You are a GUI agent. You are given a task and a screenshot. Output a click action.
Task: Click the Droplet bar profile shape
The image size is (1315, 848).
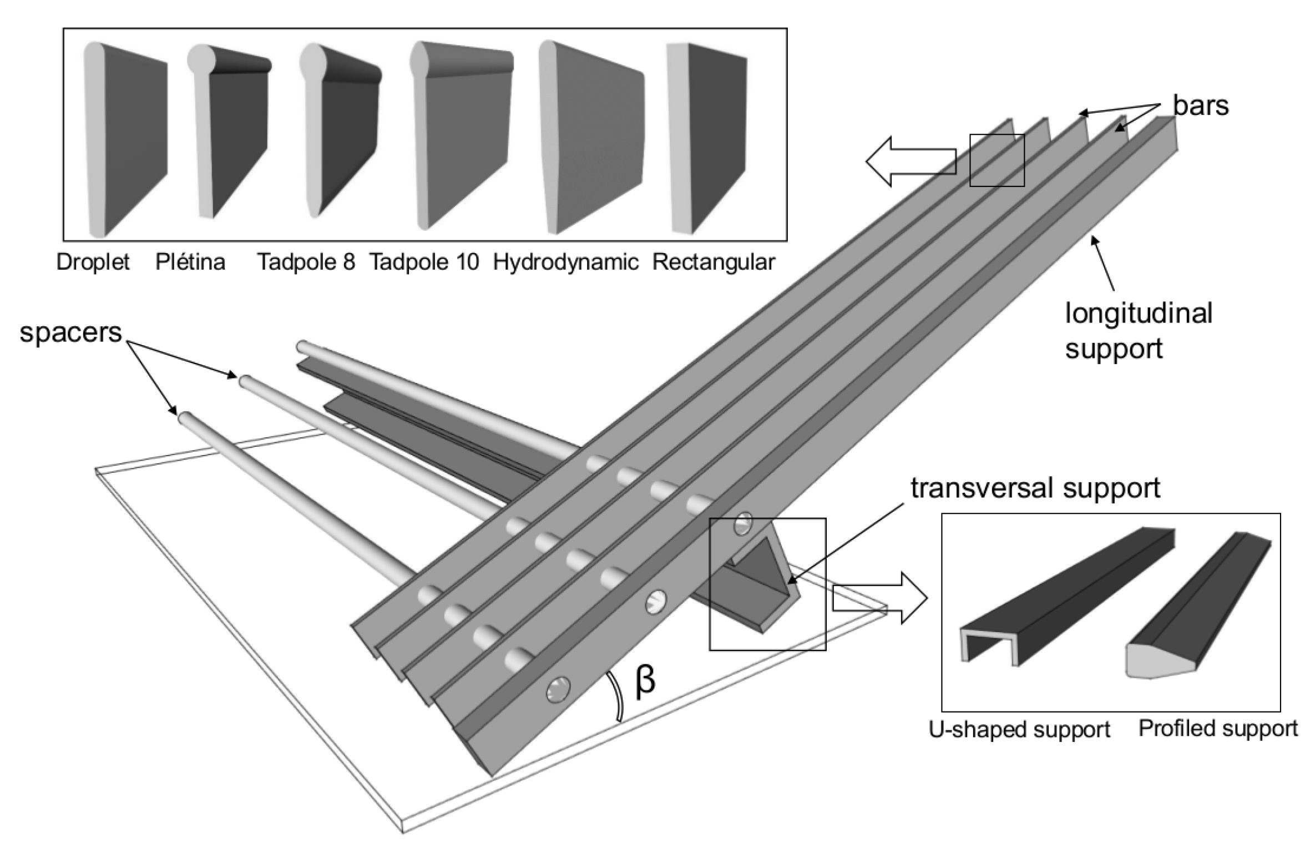click(x=125, y=139)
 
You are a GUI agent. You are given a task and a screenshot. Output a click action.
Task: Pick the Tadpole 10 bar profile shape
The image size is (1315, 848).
click(x=461, y=133)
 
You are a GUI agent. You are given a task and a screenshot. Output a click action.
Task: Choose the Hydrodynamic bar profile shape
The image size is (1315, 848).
click(x=591, y=136)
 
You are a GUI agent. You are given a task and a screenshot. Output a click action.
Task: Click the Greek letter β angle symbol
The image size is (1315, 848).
click(x=645, y=680)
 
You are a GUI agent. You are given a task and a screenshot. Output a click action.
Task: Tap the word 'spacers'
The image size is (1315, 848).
click(x=70, y=332)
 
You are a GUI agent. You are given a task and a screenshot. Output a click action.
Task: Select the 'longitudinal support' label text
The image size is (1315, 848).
click(x=1137, y=331)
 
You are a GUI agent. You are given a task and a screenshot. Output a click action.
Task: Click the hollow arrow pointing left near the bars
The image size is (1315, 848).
click(x=910, y=161)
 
